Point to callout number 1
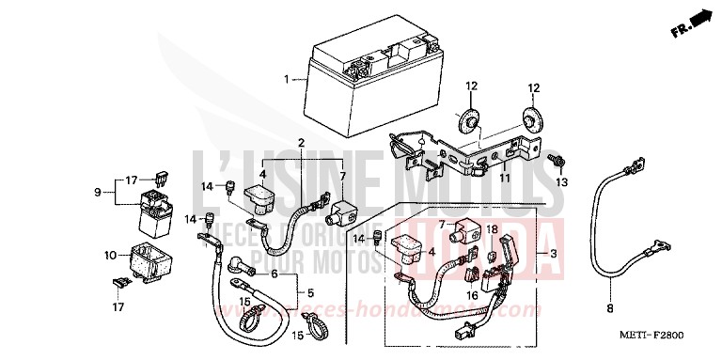(x=286, y=79)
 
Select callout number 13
(x=563, y=181)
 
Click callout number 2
(x=301, y=142)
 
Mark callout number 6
(x=275, y=274)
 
